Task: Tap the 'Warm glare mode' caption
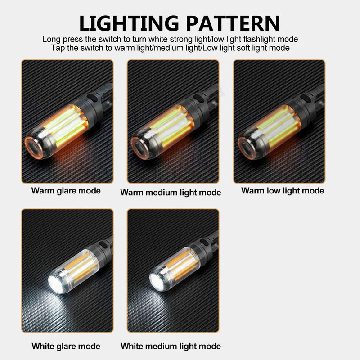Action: pos(66,190)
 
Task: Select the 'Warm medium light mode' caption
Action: pos(171,193)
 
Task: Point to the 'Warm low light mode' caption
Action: pos(283,190)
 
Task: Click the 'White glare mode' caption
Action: pos(66,346)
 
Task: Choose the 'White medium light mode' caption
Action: pos(171,346)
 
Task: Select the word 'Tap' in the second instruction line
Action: pos(58,48)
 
